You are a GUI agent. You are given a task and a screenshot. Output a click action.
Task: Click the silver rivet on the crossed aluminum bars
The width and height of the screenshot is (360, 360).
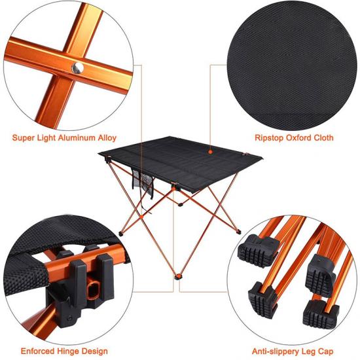tap(78, 68)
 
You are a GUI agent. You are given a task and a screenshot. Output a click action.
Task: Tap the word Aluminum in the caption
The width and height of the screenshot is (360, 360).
tap(77, 137)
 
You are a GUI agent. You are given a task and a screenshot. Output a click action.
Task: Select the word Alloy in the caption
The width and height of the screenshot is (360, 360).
tap(107, 138)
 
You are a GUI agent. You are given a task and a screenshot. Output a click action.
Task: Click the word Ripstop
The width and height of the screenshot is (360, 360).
tap(269, 138)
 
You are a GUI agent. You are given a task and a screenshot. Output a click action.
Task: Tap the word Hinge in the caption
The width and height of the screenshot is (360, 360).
tap(68, 351)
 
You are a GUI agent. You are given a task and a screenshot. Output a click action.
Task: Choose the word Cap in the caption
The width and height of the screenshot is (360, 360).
tap(325, 351)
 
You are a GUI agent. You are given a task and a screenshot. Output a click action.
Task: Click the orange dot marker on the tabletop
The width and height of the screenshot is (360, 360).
tap(210, 152)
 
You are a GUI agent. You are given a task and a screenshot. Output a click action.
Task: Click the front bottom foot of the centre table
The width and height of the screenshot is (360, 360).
tap(177, 277)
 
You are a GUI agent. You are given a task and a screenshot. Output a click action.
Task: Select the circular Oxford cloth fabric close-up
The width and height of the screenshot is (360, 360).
tap(292, 65)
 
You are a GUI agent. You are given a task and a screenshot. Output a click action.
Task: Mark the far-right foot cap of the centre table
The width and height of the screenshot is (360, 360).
tap(239, 232)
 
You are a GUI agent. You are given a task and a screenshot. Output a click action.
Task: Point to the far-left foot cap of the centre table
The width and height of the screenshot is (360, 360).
tap(121, 234)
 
